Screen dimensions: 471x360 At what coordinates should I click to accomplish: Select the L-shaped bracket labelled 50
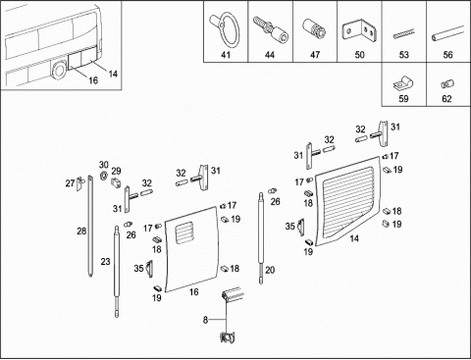tap(358, 31)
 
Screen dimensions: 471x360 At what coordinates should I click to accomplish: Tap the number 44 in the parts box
tap(270, 55)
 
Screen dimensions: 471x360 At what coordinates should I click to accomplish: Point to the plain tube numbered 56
tap(447, 33)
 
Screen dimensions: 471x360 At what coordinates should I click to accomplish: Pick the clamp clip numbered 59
tap(403, 83)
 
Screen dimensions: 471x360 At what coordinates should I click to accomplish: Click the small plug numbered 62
tap(447, 84)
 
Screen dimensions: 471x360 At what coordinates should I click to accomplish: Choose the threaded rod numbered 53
tap(403, 34)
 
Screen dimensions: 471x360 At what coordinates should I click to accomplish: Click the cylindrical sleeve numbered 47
tap(314, 28)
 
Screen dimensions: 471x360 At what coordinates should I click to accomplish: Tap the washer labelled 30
tap(104, 176)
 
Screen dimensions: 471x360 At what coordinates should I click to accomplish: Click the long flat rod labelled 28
tap(90, 227)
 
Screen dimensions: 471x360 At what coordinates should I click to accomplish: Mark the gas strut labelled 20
tap(261, 238)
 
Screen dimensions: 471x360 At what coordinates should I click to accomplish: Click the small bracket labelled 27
tap(79, 184)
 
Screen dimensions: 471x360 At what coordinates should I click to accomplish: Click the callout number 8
tap(205, 320)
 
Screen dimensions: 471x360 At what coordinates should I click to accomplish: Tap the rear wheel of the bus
tap(59, 71)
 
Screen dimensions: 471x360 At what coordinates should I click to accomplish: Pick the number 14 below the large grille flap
tap(354, 238)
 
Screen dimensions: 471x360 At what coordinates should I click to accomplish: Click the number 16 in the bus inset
tap(93, 80)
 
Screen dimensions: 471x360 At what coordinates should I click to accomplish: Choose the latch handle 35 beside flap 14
tap(300, 227)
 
